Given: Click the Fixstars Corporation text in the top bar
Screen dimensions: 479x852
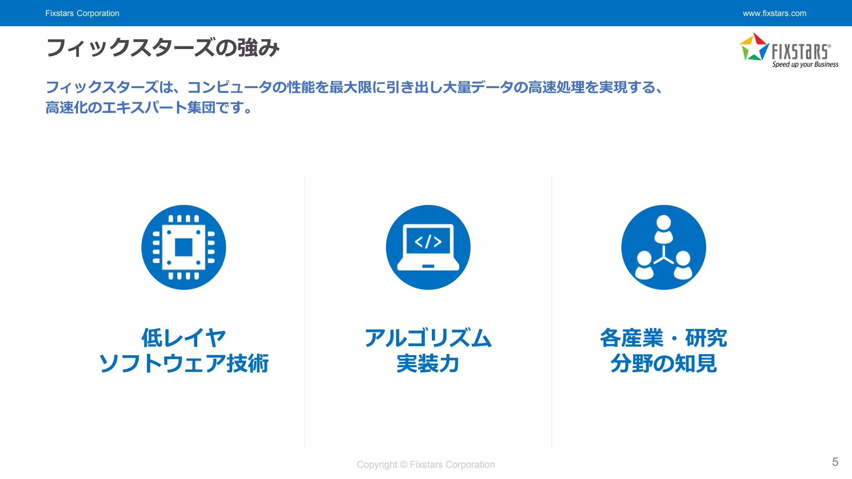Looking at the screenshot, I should click(x=82, y=13).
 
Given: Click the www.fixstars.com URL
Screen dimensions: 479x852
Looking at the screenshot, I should click(x=774, y=13).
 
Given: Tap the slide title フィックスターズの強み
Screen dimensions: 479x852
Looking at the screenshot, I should click(x=163, y=47).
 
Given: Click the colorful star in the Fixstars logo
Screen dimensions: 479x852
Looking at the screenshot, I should click(x=754, y=47).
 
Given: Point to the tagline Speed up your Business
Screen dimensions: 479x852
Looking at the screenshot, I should click(x=805, y=64).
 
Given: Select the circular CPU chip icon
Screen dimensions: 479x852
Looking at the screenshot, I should click(x=183, y=247).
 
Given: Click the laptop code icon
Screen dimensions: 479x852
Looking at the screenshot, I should click(x=428, y=247).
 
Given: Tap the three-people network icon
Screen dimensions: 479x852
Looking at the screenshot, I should click(x=664, y=247).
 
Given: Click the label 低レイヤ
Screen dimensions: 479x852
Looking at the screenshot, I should click(x=183, y=338).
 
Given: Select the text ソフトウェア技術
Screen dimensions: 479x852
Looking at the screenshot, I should click(x=183, y=363).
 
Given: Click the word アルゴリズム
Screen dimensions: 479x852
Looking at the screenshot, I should click(x=428, y=338).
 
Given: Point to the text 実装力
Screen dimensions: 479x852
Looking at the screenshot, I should click(x=428, y=363).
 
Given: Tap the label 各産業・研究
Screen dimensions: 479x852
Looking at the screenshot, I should click(x=664, y=338).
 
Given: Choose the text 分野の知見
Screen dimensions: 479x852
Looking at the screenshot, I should click(x=664, y=363).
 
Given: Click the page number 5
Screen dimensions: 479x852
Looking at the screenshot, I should click(x=835, y=462).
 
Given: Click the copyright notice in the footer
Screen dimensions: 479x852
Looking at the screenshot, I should click(x=426, y=464).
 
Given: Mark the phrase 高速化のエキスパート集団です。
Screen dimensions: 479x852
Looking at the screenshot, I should click(x=149, y=108).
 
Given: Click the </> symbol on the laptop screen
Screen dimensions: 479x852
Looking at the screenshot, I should click(x=428, y=241).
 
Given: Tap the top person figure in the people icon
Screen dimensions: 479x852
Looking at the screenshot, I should click(x=664, y=228).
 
